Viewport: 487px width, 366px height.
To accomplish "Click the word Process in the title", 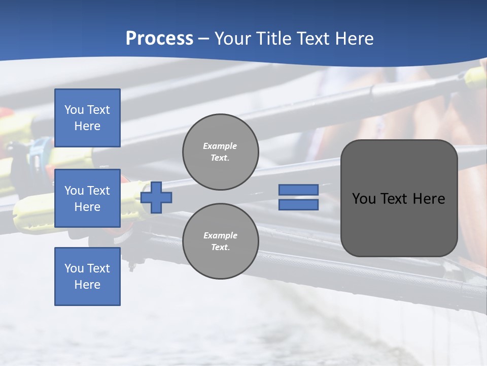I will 159,39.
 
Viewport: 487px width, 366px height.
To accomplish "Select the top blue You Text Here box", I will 87,118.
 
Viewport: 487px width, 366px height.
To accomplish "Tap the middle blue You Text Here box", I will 87,198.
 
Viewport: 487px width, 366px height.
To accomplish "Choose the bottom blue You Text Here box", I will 87,277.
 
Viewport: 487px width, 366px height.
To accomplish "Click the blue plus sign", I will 156,197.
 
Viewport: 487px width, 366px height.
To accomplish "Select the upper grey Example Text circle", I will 221,152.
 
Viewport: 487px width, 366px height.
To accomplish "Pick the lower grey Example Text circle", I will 221,241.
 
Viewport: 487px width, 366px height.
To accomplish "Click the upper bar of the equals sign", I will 299,190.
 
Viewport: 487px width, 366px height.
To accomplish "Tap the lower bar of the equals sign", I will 299,205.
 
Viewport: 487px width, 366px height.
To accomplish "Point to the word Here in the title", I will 353,39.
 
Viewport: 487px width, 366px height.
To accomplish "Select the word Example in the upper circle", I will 220,146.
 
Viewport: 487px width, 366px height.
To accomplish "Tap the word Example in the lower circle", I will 220,236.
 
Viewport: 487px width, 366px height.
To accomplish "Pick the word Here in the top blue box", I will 87,126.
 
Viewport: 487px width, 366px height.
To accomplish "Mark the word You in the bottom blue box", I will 74,268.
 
